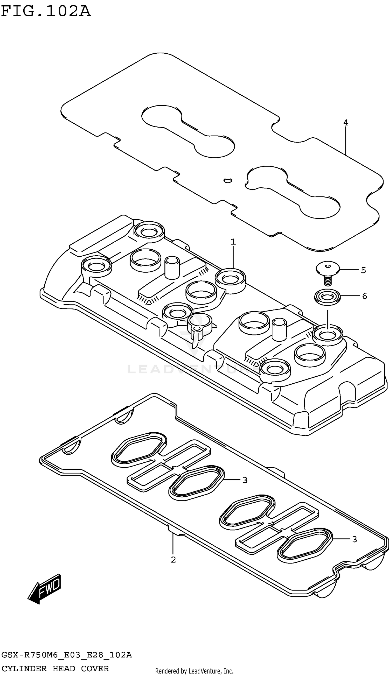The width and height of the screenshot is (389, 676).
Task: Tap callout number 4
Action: pos(345,123)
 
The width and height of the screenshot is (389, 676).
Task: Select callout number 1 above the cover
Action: pos(233,242)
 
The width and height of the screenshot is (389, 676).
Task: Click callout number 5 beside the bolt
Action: pos(363,270)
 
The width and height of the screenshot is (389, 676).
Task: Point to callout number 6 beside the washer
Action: pos(364,296)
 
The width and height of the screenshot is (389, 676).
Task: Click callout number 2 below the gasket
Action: pos(173,560)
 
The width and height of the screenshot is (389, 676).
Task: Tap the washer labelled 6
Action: pos(327,297)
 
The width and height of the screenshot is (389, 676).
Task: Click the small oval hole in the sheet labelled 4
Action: pos(228,180)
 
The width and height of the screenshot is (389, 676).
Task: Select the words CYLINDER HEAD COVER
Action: pos(55,668)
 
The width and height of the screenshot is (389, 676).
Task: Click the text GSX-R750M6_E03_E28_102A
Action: pos(67,655)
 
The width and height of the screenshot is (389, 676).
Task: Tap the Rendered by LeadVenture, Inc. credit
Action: pos(194,671)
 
